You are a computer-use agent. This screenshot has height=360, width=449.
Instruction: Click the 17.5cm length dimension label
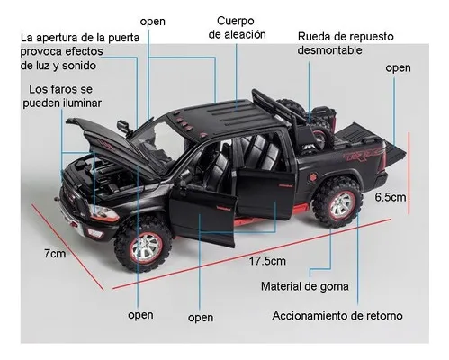267,261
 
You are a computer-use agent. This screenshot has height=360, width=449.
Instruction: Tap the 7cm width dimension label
55,254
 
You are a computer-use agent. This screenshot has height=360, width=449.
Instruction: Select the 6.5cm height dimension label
390,197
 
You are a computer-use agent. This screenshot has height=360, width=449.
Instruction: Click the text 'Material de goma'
305,286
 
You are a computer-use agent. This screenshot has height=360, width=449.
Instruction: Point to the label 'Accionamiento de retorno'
337,316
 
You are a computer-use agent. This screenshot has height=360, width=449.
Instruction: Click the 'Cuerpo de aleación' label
237,28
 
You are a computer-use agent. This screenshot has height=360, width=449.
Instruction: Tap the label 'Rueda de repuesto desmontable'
346,43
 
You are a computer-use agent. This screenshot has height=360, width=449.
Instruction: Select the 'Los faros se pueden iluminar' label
62,96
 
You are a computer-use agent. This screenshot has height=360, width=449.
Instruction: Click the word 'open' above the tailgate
398,68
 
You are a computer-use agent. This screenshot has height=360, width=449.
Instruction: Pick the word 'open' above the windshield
153,22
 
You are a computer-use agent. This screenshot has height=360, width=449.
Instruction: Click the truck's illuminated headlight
103,212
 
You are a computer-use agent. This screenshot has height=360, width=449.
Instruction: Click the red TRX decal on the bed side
364,156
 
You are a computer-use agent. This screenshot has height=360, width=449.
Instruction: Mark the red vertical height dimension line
409,173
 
